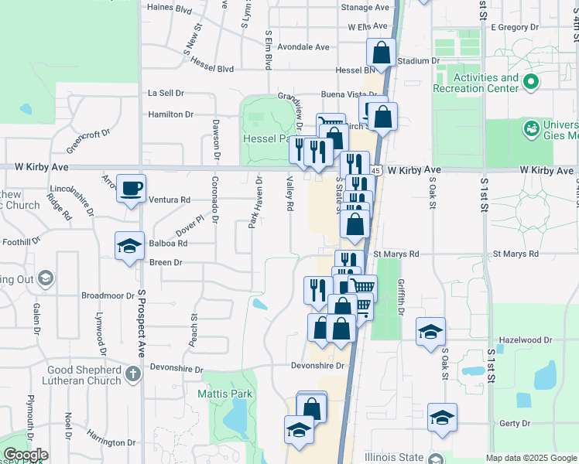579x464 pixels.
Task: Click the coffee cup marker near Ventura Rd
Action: pyautogui.click(x=131, y=187)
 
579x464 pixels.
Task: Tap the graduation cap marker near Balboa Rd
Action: pyautogui.click(x=129, y=246)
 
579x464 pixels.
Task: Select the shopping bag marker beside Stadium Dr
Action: pyautogui.click(x=381, y=53)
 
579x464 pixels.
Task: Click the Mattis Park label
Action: pyautogui.click(x=224, y=394)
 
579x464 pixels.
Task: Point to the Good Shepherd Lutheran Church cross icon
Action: pyautogui.click(x=133, y=375)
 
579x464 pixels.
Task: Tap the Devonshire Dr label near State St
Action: pyautogui.click(x=317, y=366)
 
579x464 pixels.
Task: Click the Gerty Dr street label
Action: pyautogui.click(x=515, y=423)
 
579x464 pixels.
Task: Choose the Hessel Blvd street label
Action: pyautogui.click(x=211, y=69)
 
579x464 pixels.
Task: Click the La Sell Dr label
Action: pyautogui.click(x=166, y=92)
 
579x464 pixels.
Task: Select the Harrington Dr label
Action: pyautogui.click(x=111, y=442)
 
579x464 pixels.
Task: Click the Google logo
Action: pyautogui.click(x=25, y=455)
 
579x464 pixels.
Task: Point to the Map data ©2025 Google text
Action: pyautogui.click(x=530, y=458)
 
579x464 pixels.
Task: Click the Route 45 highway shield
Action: pyautogui.click(x=375, y=169)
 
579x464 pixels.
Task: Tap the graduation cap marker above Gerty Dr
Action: pyautogui.click(x=442, y=418)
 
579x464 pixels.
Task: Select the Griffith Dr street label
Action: pyautogui.click(x=401, y=297)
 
